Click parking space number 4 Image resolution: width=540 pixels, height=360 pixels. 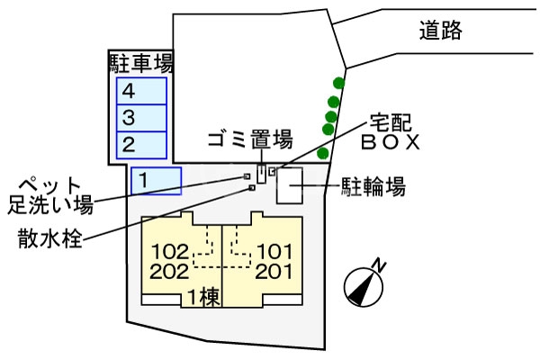pos(141,91)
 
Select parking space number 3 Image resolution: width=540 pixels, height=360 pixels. pos(141,117)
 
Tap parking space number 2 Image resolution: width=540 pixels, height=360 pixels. pos(141,144)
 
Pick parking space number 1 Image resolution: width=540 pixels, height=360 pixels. pos(156,180)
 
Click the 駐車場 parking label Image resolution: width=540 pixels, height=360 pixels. pos(141,63)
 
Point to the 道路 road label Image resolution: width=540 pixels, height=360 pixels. pos(441,31)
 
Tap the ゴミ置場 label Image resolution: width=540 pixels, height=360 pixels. pos(250,139)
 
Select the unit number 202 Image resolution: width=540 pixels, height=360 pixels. pos(170,271)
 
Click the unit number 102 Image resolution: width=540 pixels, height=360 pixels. pos(170,252)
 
